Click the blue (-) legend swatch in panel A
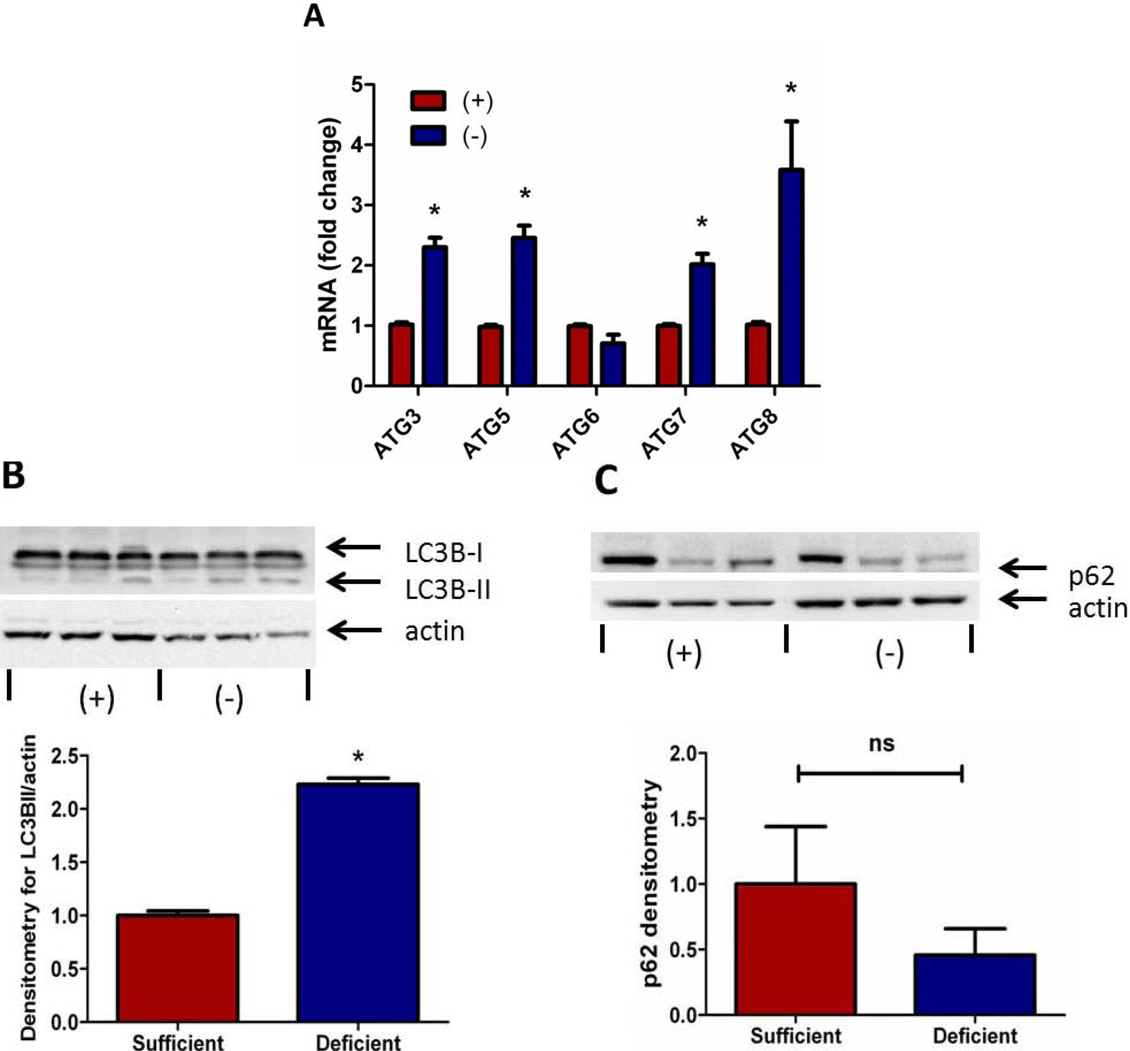(x=428, y=135)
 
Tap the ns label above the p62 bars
(x=882, y=744)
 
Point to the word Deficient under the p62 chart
(x=975, y=1036)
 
